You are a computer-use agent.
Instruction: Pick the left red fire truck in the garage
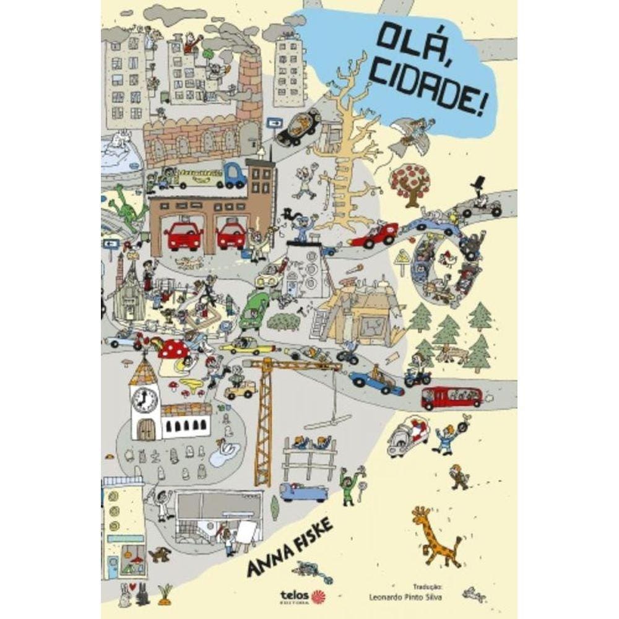(x=183, y=235)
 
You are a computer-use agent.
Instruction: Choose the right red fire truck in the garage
(x=231, y=235)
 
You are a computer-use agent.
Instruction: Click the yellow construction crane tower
(x=264, y=427)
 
